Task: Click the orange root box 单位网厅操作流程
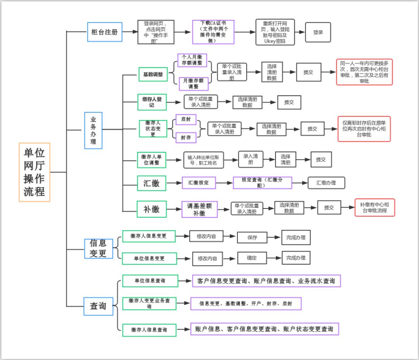(35, 172)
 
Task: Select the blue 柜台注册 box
(104, 32)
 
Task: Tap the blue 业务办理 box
(93, 131)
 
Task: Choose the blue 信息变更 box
(99, 248)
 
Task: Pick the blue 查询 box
(99, 306)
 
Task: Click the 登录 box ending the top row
(318, 33)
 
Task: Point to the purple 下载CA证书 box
(213, 32)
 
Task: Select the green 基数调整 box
(153, 74)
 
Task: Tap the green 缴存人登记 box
(152, 102)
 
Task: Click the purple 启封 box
(186, 119)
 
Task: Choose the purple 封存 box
(186, 137)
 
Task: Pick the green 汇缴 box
(152, 183)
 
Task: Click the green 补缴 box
(152, 209)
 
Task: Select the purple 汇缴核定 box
(199, 183)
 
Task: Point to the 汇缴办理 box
(326, 183)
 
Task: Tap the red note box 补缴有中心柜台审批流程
(374, 207)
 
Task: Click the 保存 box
(252, 238)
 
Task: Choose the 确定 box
(252, 258)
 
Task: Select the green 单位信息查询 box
(150, 281)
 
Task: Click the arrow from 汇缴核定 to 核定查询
(224, 183)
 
